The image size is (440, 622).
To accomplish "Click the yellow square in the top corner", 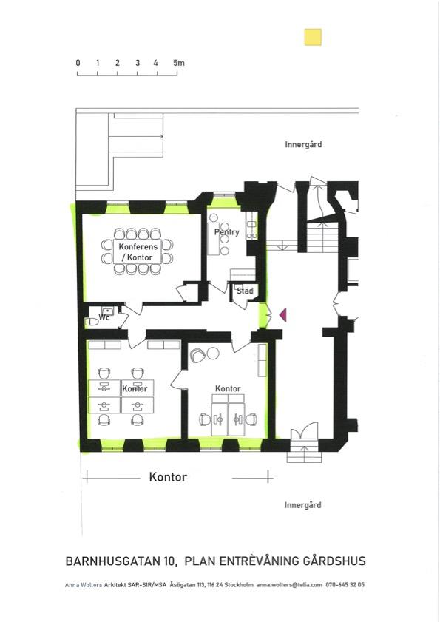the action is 313,37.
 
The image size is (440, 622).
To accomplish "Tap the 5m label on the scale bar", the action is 178,63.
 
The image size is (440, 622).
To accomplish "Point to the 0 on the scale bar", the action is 78,63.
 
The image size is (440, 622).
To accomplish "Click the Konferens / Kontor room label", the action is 138,252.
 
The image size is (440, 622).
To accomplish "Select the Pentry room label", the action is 226,232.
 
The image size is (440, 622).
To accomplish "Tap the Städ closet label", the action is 245,291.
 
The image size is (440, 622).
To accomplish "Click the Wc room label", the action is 104,318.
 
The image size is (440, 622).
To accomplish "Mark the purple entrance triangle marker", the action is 283,314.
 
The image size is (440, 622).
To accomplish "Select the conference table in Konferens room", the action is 138,251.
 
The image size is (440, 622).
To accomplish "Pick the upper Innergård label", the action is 303,145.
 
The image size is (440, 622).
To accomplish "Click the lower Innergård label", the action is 302,505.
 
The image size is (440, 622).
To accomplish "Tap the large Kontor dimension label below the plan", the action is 168,477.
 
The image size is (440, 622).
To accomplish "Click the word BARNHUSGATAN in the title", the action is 112,561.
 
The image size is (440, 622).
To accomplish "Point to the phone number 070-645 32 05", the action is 345,585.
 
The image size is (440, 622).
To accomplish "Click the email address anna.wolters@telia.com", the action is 289,585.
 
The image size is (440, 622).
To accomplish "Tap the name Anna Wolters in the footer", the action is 84,585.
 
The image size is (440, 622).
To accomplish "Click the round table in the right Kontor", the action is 213,353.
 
